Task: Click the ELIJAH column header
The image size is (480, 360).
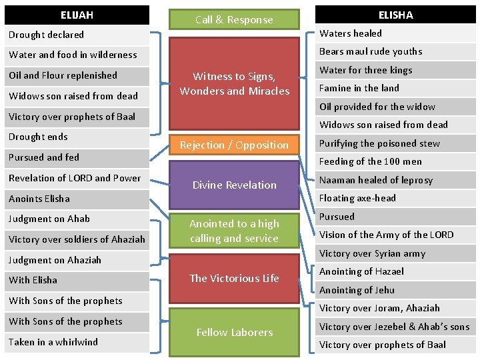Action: [77, 15]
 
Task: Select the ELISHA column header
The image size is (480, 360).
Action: [395, 15]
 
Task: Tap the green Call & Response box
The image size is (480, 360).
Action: [234, 20]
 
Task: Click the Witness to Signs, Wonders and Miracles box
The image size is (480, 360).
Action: [234, 84]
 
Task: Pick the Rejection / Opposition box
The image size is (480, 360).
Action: [234, 145]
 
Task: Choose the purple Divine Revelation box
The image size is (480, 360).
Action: [234, 185]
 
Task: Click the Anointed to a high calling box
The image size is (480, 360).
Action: [234, 231]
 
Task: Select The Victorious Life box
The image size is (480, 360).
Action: [234, 278]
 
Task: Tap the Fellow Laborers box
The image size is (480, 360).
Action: [234, 332]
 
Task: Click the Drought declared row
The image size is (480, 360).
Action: [77, 35]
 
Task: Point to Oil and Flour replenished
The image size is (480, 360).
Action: [77, 75]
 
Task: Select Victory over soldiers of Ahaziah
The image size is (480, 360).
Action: [77, 239]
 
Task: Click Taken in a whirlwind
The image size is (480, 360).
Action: [77, 342]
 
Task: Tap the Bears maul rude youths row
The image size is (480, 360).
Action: [395, 51]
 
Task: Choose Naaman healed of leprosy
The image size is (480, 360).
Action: [395, 180]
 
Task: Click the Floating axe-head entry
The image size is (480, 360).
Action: [395, 198]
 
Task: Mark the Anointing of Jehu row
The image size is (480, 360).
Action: [395, 290]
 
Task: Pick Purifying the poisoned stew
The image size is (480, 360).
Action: [395, 143]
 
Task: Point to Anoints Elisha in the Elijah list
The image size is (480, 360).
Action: [77, 199]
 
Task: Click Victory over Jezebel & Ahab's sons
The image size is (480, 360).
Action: [395, 327]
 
